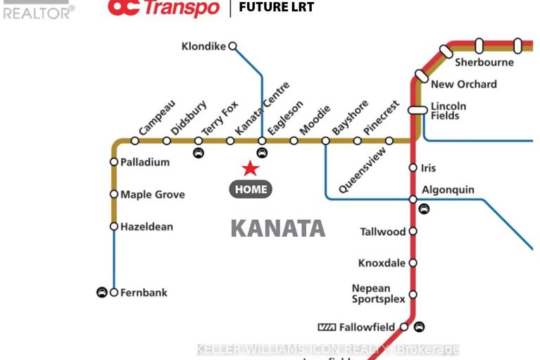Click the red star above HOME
pos(250,168)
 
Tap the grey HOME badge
pos(251,189)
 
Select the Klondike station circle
pos(232,46)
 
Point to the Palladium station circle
pos(114,162)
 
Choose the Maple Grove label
pos(152,194)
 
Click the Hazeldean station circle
pos(114,226)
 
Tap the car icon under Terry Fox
pos(199,152)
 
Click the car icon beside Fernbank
pos(101,292)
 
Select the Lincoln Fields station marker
pos(418,110)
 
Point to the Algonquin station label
pos(448,190)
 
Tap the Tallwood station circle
pos(413,231)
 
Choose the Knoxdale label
pos(382,263)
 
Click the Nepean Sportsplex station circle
pos(413,294)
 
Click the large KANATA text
pos(278,228)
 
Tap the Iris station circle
pos(413,168)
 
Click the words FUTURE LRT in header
pos(277,8)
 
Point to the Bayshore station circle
pos(325,141)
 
